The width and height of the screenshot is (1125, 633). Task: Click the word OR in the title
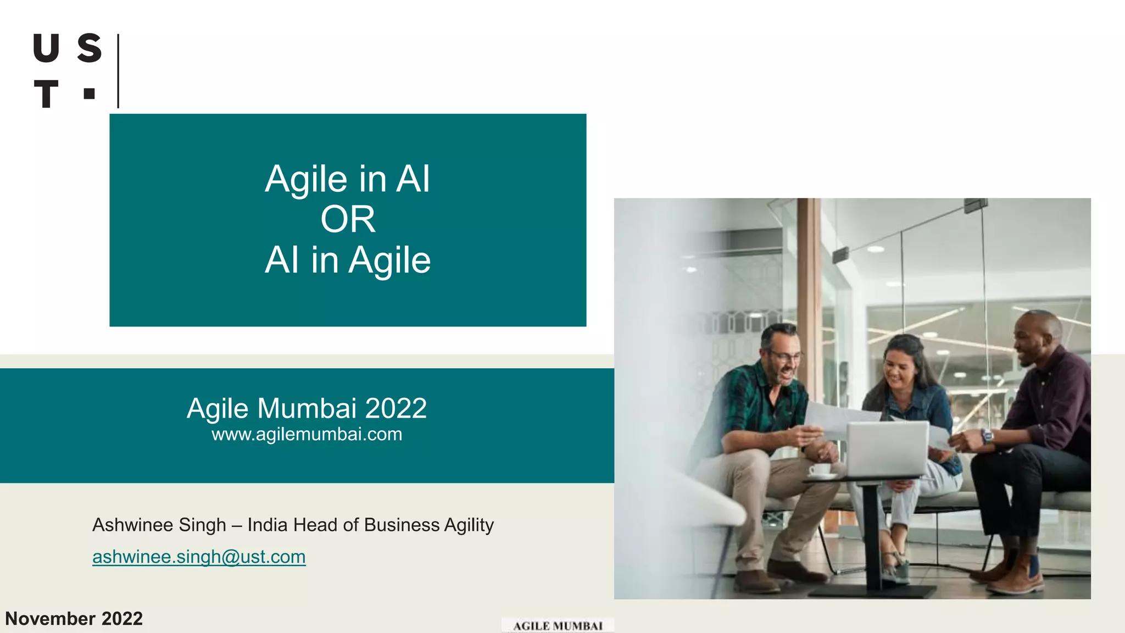tap(348, 220)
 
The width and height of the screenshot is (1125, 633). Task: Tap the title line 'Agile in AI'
tap(348, 179)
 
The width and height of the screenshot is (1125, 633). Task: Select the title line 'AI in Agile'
tap(348, 260)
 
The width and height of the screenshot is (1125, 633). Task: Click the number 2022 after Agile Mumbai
tap(396, 409)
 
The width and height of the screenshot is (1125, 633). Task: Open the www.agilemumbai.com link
tap(307, 435)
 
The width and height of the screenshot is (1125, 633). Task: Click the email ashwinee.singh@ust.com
tap(199, 557)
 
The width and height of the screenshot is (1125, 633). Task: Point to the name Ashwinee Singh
tap(159, 525)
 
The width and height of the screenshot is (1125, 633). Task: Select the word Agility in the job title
tap(469, 525)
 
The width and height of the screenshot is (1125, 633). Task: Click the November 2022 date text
tap(74, 619)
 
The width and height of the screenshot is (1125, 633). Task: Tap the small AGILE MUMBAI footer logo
tap(558, 626)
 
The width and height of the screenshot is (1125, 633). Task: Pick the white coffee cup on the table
tap(820, 470)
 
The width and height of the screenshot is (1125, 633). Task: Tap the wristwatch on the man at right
tap(987, 437)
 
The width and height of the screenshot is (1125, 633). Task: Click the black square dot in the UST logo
tap(90, 93)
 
